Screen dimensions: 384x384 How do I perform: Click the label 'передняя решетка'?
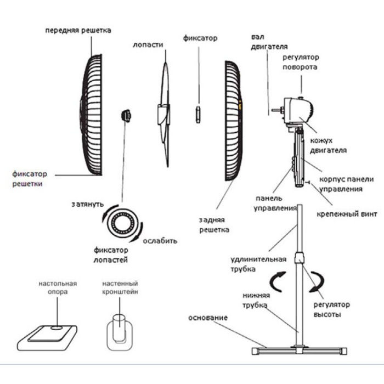78,30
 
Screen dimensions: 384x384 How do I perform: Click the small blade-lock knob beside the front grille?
126,115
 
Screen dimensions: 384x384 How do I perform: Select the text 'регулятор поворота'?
300,62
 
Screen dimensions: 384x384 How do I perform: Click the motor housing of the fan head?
299,110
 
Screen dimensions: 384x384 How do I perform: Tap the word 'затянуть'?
87,204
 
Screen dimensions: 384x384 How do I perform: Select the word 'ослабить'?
160,241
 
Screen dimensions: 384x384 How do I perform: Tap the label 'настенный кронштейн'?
120,288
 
